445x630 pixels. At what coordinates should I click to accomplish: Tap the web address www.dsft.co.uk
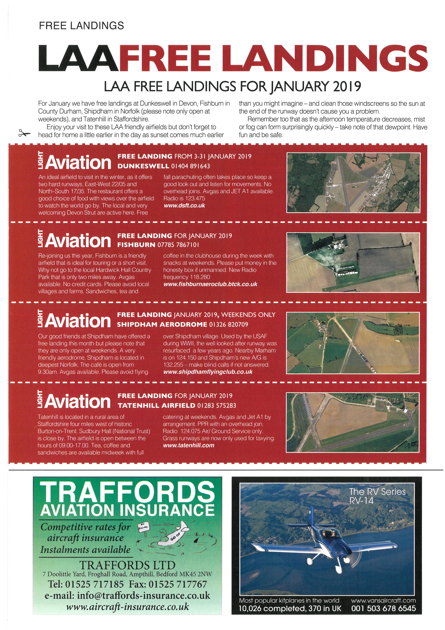(184, 206)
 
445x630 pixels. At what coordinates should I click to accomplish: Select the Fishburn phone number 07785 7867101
(178, 244)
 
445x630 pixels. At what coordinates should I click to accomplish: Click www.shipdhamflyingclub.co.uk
(208, 372)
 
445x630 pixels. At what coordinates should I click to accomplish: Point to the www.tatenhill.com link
(189, 445)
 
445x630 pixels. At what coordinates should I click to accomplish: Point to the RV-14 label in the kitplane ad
(361, 501)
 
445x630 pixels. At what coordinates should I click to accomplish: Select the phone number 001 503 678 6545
(383, 608)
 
